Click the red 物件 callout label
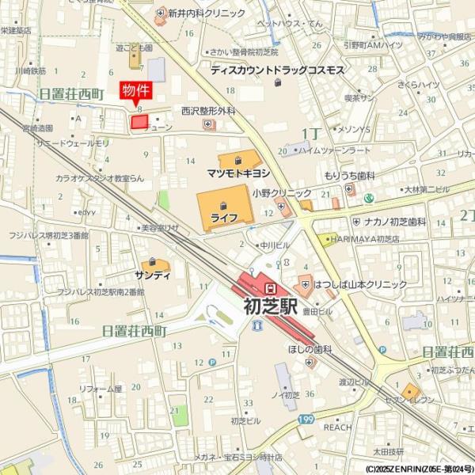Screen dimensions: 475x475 point(135,91)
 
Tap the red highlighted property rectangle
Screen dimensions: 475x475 point(139,122)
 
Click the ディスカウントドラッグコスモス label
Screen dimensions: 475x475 point(277,70)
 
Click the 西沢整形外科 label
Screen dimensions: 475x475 point(208,112)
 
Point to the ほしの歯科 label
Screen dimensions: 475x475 point(309,348)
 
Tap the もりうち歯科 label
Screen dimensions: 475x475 point(348,176)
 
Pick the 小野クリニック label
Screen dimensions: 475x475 point(282,193)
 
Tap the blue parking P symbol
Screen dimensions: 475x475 point(212,363)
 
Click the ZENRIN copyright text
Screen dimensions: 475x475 point(420,469)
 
